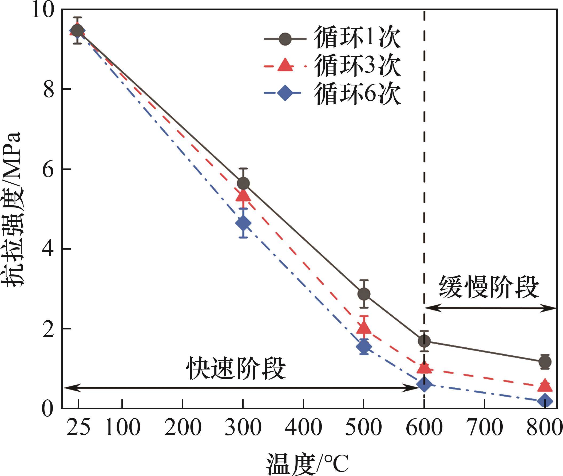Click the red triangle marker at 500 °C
364,328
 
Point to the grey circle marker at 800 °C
545,361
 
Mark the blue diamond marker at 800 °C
545,401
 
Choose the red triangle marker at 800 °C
545,385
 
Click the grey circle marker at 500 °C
364,294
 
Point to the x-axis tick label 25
78,428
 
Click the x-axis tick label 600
424,428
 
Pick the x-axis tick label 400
303,428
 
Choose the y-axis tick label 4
49,249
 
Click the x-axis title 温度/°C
307,464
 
